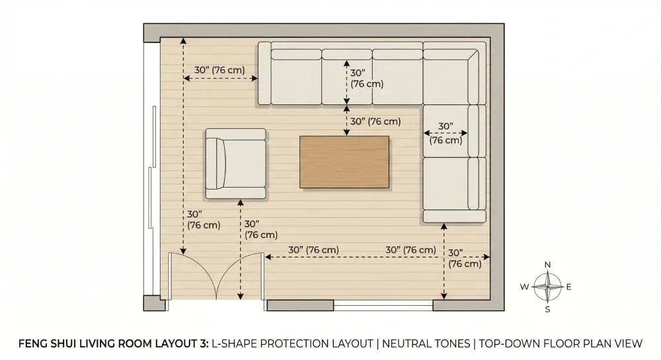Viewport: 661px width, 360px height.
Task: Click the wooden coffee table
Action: [x=344, y=162]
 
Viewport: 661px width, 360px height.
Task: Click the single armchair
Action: [x=235, y=164]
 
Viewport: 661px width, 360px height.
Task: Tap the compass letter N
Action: [x=547, y=265]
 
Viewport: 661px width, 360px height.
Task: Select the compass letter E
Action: [x=569, y=287]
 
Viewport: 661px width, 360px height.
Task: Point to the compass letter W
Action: [x=524, y=287]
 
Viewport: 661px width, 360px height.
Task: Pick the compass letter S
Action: [x=547, y=309]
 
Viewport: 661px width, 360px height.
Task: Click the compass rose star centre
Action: [x=547, y=287]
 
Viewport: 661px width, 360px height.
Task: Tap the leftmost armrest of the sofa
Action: [x=264, y=73]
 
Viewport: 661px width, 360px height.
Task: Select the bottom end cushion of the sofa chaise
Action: [x=454, y=216]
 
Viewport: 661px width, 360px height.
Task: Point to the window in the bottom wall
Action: [x=383, y=305]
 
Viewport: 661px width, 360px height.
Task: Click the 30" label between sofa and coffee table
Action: [x=375, y=122]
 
